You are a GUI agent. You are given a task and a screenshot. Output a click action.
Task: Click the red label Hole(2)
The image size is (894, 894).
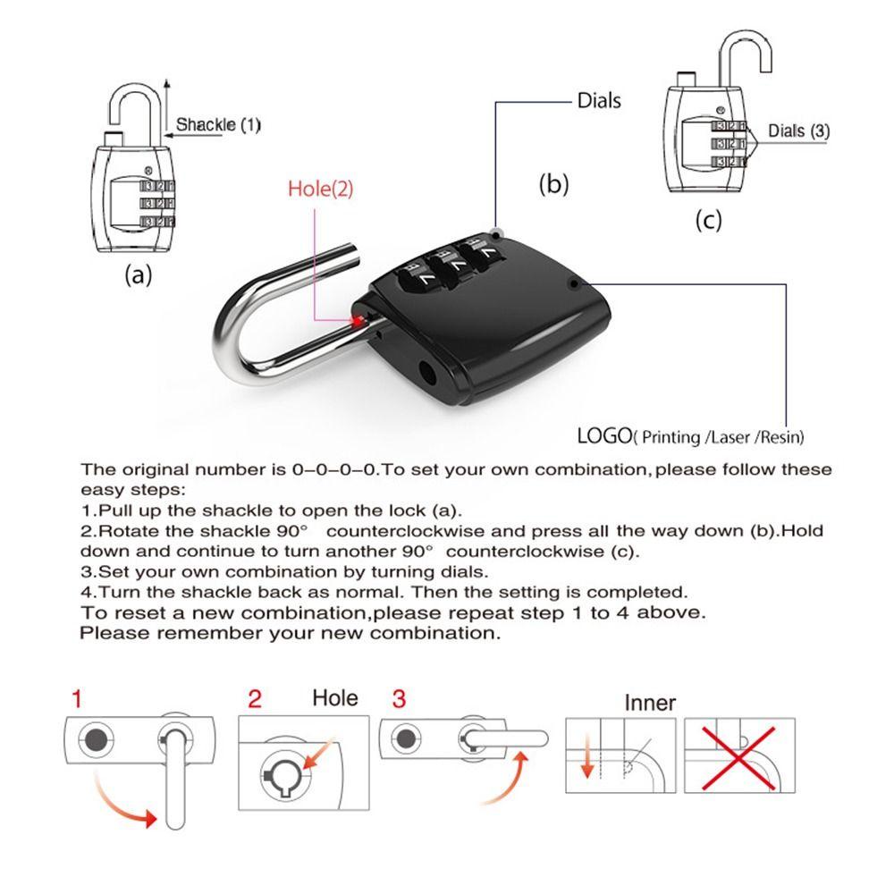point(320,189)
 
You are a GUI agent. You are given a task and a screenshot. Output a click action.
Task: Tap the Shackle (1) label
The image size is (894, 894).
point(218,124)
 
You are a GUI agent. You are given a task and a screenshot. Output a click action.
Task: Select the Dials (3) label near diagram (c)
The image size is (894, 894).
point(798,131)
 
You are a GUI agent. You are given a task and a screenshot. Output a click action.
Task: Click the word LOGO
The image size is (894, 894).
point(604,436)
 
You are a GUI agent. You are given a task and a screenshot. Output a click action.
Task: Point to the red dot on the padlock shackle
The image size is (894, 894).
point(358,321)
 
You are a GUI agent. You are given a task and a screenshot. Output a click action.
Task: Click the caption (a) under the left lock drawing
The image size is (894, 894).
point(139,274)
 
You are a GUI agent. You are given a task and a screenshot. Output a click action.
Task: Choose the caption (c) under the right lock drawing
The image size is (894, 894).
point(708,220)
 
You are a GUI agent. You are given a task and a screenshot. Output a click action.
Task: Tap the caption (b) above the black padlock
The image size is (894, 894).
point(554,184)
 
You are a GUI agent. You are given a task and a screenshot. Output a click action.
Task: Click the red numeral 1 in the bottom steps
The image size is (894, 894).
point(77,699)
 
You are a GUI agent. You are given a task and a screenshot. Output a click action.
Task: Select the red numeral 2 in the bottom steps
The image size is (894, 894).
point(255,699)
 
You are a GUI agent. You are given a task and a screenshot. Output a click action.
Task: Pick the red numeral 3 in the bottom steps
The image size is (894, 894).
point(399,699)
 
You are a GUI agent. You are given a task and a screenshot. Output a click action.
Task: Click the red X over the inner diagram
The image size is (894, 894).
point(738,758)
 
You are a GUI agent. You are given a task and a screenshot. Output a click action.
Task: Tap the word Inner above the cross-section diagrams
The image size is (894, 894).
point(650,703)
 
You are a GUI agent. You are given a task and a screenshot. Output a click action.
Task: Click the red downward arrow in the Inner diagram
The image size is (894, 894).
point(586,756)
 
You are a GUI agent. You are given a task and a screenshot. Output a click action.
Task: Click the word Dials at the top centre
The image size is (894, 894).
point(599,101)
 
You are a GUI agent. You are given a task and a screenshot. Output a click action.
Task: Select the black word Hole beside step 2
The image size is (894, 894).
point(335,698)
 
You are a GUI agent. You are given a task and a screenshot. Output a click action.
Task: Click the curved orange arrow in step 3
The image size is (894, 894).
point(508,779)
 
